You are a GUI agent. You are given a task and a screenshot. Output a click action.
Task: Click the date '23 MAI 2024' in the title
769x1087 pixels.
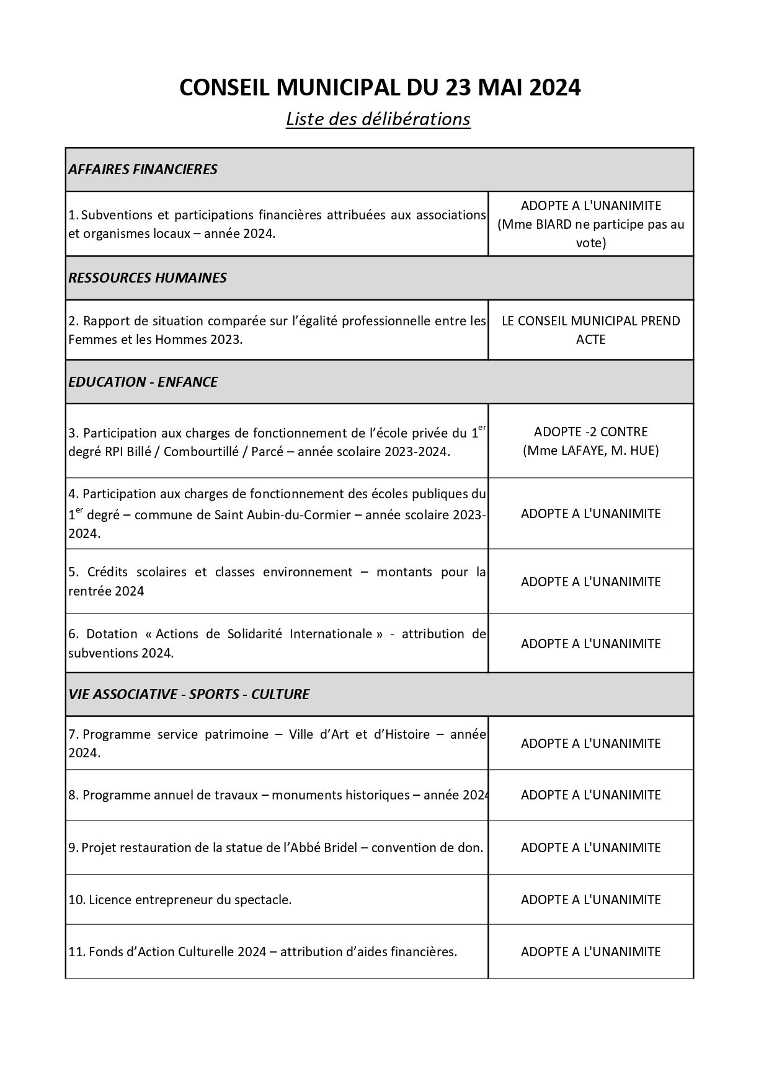coord(512,87)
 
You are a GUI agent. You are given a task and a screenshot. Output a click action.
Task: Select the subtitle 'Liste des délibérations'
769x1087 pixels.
coord(378,118)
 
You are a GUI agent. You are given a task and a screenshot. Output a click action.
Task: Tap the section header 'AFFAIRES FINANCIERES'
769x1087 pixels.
coord(143,169)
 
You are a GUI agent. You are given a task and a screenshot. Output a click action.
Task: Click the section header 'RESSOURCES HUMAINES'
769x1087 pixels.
coord(148,278)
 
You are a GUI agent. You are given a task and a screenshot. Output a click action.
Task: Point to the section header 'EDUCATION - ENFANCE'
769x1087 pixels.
coord(143,382)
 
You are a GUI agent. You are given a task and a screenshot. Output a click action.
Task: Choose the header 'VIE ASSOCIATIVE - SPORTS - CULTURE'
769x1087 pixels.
coord(189,694)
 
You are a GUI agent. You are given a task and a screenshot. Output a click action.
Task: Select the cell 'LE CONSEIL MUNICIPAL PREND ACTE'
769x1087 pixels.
coord(590,330)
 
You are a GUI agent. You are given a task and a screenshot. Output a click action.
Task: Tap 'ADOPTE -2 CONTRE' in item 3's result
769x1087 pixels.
coord(590,431)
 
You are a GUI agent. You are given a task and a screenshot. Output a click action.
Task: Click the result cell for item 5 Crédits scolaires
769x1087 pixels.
coord(590,581)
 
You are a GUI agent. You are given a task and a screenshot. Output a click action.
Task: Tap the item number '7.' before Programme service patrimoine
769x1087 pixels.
coord(73,734)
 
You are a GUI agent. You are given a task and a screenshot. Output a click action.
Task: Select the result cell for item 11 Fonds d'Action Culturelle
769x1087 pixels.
coord(590,951)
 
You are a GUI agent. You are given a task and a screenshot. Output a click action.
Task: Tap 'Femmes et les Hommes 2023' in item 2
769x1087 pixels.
coord(154,340)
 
